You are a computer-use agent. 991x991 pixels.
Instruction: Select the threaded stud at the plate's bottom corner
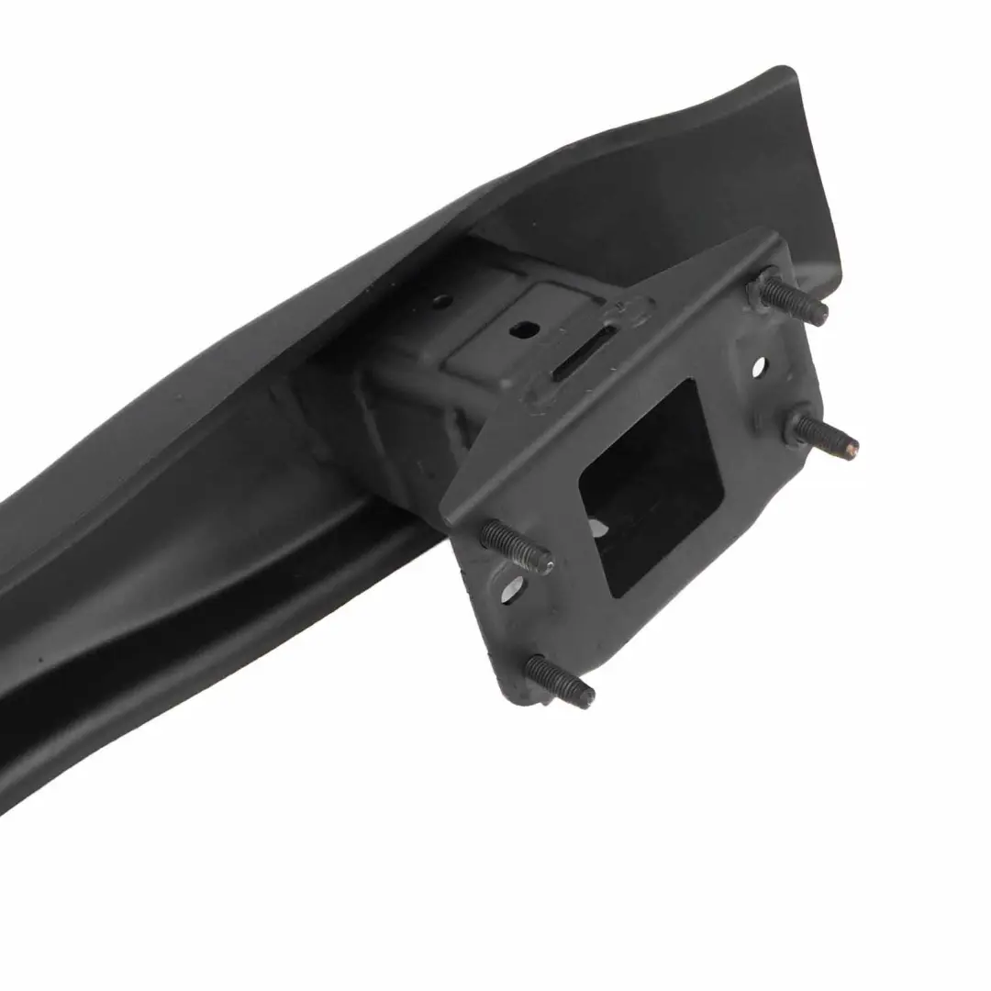click(x=561, y=681)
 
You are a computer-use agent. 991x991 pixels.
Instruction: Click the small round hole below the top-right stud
click(x=759, y=367)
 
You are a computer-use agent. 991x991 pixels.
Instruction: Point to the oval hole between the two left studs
click(x=510, y=587)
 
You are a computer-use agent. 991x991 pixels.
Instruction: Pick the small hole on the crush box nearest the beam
click(x=441, y=300)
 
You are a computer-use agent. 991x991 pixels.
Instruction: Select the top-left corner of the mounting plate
click(x=450, y=505)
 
